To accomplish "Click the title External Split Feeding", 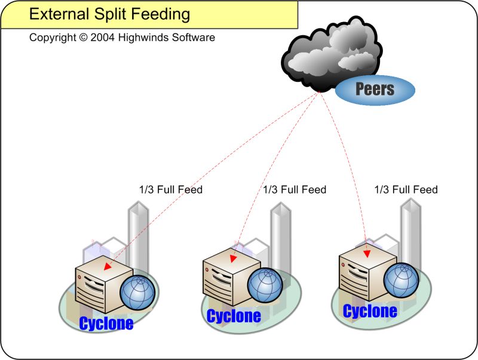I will [x=110, y=14].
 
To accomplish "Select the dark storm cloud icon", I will [x=332, y=54].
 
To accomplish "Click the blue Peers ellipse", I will [x=375, y=90].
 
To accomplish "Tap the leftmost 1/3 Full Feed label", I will [x=171, y=190].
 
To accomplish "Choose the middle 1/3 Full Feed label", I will [x=295, y=189].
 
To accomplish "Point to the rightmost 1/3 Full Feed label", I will [x=406, y=189].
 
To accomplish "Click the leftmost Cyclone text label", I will [x=106, y=324].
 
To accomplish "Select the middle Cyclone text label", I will [x=234, y=315].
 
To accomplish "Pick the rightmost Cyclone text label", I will [x=370, y=311].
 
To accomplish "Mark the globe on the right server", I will [x=402, y=280].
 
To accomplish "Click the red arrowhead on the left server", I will [x=108, y=266].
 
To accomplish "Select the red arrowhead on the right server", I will [x=366, y=253].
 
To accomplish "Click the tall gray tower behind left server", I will [x=138, y=233].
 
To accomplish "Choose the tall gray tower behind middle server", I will [x=280, y=230].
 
